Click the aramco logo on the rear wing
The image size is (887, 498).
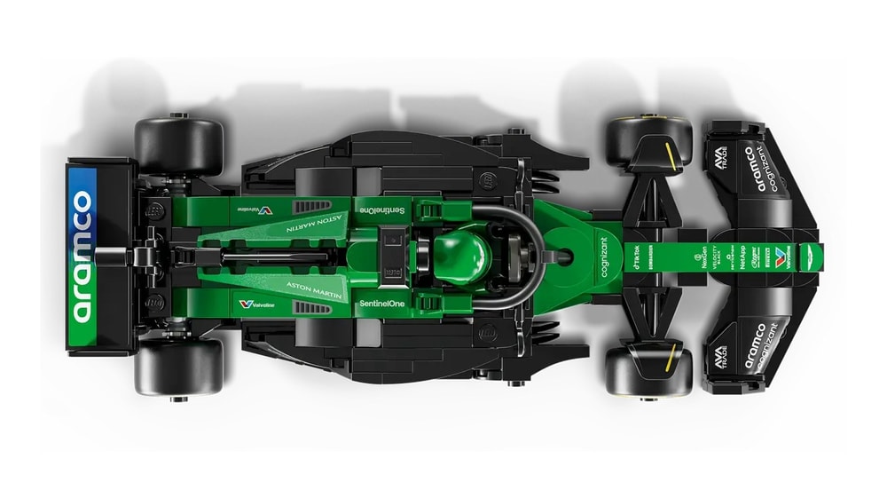(82, 256)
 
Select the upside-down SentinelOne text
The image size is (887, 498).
(382, 209)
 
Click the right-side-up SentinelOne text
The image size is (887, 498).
(382, 303)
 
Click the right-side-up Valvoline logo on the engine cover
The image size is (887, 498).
(258, 304)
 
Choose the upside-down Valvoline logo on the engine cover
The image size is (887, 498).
(256, 210)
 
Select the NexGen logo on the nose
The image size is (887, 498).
(706, 257)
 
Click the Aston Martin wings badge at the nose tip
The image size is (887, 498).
(804, 257)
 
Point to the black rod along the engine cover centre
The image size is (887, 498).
(266, 257)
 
